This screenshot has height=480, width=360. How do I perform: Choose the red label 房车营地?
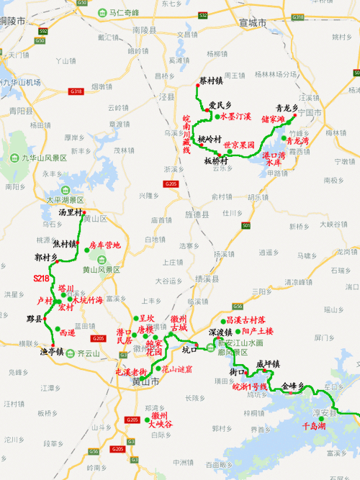105,245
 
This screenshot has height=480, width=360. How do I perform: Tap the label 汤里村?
72,212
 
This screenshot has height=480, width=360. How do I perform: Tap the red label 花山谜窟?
176,368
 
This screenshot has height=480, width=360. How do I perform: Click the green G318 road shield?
76,91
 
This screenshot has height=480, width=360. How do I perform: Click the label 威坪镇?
267,364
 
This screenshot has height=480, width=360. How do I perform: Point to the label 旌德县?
196,214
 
